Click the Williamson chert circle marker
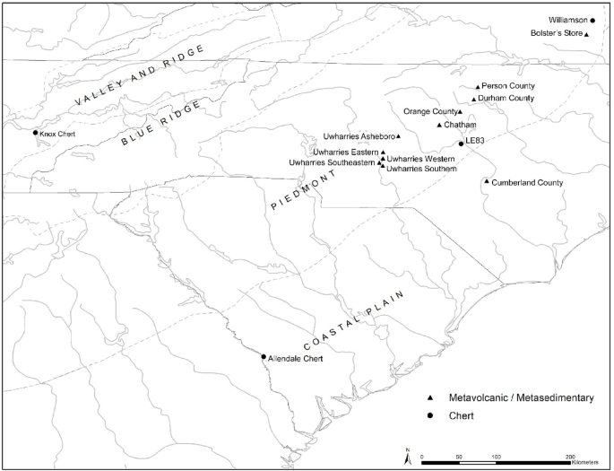tap(592, 20)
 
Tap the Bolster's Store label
tap(554, 34)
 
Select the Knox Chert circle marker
tap(36, 134)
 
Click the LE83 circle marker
tap(461, 143)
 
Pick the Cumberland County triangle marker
tap(486, 182)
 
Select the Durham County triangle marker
tap(473, 99)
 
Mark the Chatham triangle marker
tap(439, 125)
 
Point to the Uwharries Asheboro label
tap(358, 136)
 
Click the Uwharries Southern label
tap(422, 169)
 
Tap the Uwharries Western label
tap(421, 159)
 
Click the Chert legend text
tap(463, 415)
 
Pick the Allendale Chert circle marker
tap(264, 357)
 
